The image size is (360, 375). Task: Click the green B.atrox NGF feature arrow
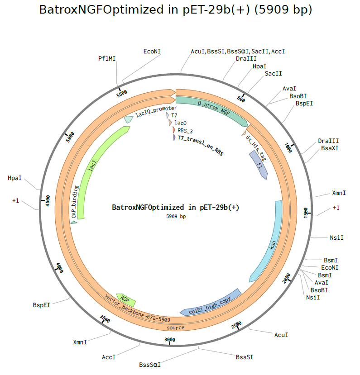coord(213,108)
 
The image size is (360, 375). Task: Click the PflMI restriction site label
coord(107,59)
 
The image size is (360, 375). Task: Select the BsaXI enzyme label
coord(330,148)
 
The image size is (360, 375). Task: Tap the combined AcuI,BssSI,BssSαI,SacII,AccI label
coord(238,52)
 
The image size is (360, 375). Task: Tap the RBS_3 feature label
coord(185,131)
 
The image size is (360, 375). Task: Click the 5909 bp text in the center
coord(176,217)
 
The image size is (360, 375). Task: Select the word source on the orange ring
coord(176,327)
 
